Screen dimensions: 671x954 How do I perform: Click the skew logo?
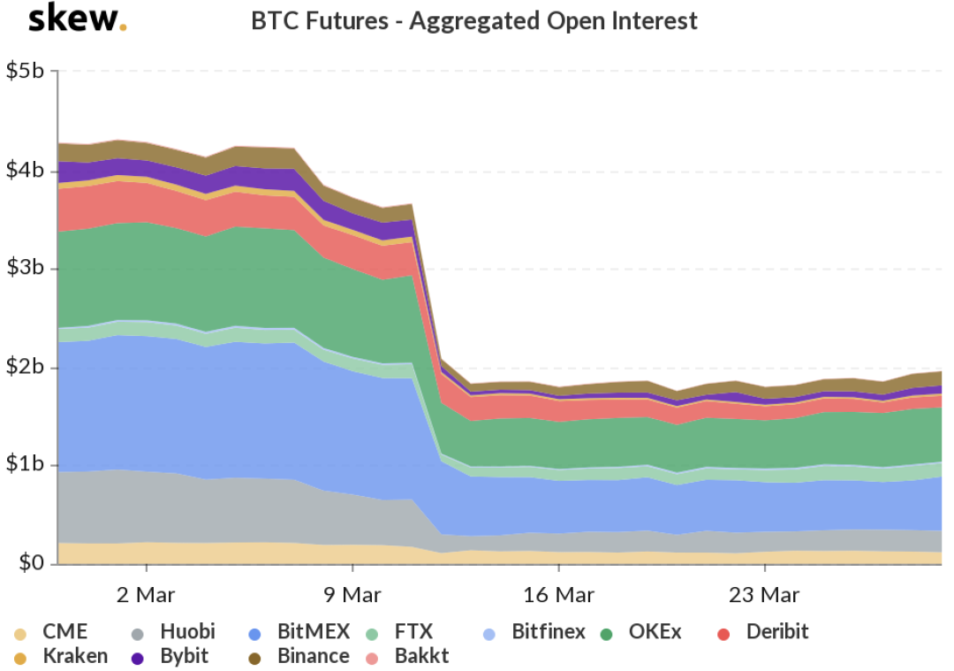(78, 19)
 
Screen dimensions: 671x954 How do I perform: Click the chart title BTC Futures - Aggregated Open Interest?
(474, 20)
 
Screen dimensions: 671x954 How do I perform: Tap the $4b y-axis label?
(26, 171)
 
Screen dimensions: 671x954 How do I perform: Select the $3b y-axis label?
(26, 269)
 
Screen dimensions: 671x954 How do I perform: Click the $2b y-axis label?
(26, 367)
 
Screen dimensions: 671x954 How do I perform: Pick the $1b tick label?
(26, 465)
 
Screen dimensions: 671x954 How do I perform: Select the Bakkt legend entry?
(422, 656)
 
